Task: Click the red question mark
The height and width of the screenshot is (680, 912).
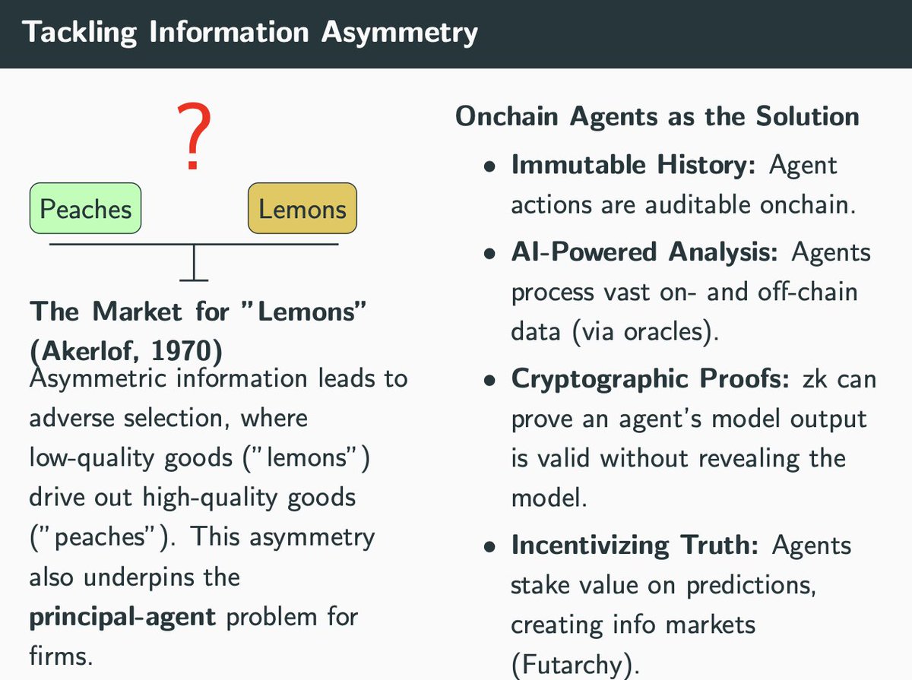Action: point(193,138)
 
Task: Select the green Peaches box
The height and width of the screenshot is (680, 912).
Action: point(85,208)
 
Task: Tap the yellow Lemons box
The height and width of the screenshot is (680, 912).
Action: point(302,208)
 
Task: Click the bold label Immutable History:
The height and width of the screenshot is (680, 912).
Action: point(633,165)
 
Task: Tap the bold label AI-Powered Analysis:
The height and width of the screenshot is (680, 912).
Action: point(644,252)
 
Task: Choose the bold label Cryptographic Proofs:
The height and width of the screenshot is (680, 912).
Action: point(651,378)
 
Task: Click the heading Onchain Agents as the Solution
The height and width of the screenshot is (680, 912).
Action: point(657,116)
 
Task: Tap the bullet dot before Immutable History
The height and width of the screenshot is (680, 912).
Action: point(492,167)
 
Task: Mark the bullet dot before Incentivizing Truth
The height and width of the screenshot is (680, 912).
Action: point(492,548)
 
